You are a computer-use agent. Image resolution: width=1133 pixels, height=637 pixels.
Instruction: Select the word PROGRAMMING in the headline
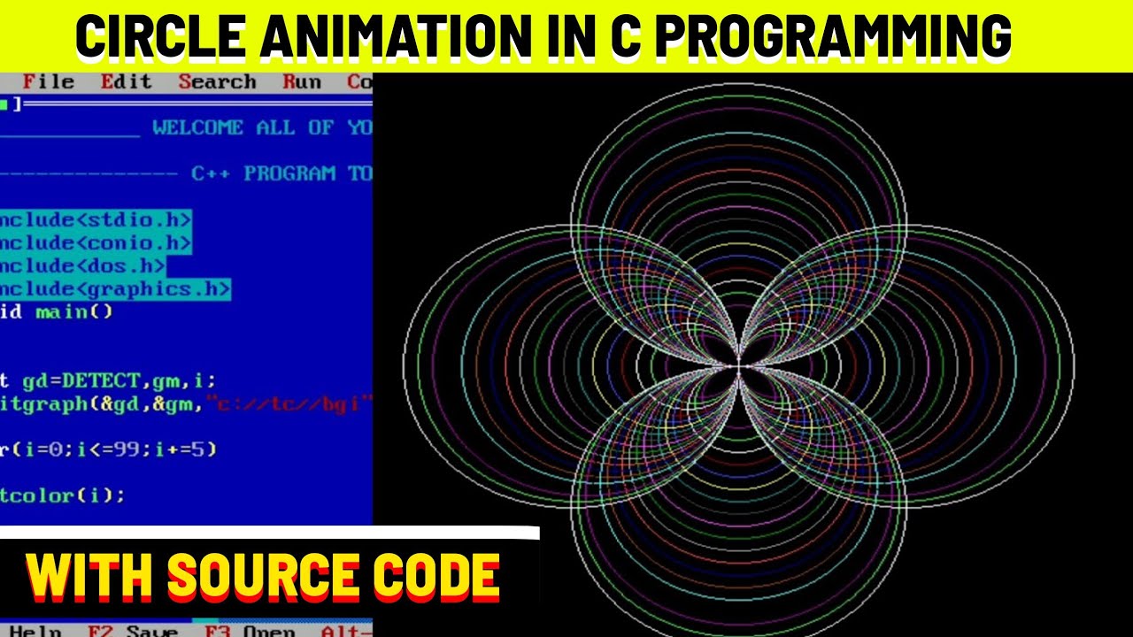pyautogui.click(x=832, y=37)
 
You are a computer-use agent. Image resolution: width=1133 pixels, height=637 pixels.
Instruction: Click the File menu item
pyautogui.click(x=48, y=82)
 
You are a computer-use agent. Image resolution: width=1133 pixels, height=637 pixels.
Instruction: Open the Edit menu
pyautogui.click(x=126, y=82)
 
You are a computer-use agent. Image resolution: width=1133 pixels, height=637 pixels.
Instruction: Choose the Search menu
pyautogui.click(x=217, y=82)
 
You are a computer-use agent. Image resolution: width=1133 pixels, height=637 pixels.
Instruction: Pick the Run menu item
pyautogui.click(x=302, y=82)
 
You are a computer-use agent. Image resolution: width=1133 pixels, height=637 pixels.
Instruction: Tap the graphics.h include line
pyautogui.click(x=115, y=288)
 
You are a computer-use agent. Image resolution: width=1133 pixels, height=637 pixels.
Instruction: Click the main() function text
pyautogui.click(x=74, y=311)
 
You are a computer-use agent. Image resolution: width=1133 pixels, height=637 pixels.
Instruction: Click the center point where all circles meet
pyautogui.click(x=739, y=365)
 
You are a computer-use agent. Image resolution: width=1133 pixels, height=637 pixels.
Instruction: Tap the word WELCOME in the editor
pyautogui.click(x=197, y=128)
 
